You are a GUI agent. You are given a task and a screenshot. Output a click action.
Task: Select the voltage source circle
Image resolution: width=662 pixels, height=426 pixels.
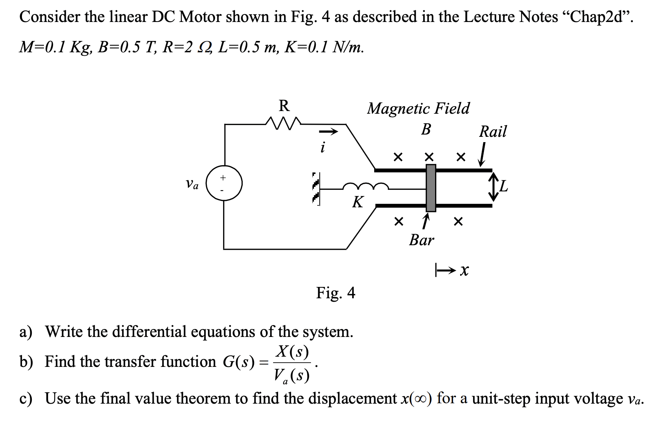(x=224, y=184)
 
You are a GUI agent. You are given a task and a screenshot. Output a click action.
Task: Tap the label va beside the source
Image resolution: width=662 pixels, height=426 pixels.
(x=192, y=185)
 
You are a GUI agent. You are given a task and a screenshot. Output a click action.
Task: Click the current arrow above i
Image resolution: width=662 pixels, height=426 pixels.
(x=328, y=132)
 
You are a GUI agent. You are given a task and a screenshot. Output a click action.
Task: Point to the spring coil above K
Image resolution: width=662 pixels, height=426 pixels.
(x=365, y=186)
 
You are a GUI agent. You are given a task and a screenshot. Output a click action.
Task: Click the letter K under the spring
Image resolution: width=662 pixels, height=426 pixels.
(x=358, y=202)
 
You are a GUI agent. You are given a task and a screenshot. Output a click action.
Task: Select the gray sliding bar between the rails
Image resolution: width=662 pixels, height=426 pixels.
(x=431, y=188)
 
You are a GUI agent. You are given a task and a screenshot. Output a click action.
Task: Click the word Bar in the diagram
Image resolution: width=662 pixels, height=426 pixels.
(x=421, y=240)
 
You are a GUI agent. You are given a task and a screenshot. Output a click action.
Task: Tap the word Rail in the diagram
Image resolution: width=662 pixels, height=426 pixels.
(x=492, y=132)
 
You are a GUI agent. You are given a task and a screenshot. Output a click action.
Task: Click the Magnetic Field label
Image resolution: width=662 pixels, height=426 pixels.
(x=418, y=108)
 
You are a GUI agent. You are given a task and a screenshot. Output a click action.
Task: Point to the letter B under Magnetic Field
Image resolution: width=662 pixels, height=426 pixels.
(x=426, y=130)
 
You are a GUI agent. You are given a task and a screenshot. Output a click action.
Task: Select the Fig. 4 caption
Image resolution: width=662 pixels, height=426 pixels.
(x=336, y=293)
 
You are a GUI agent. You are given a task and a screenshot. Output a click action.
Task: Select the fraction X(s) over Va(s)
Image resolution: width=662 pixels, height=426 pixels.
(x=292, y=364)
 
